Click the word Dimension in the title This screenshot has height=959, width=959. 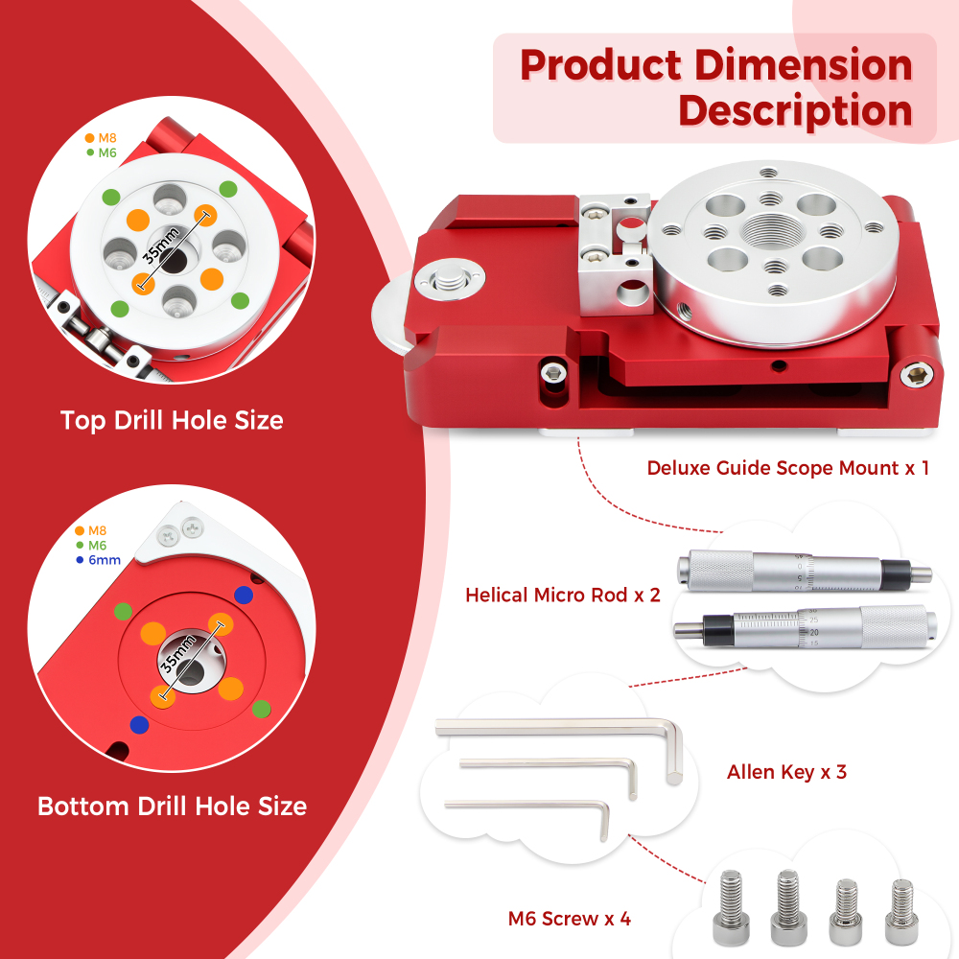pyautogui.click(x=803, y=65)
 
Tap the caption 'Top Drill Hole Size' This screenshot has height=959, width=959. pyautogui.click(x=172, y=421)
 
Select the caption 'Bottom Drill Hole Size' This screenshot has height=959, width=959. pyautogui.click(x=172, y=807)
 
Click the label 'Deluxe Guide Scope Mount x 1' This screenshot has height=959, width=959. pyautogui.click(x=787, y=468)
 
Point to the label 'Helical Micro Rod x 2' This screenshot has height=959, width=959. pyautogui.click(x=563, y=596)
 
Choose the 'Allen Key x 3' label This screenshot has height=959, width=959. pyautogui.click(x=786, y=772)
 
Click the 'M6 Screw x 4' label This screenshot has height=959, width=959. pyautogui.click(x=569, y=919)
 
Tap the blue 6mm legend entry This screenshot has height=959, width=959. pyautogui.click(x=99, y=560)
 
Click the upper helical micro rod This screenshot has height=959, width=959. pyautogui.click(x=805, y=572)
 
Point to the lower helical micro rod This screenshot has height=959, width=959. pyautogui.click(x=805, y=629)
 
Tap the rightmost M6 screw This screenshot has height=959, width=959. pyautogui.click(x=901, y=910)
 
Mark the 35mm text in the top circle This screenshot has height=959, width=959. pyautogui.click(x=161, y=246)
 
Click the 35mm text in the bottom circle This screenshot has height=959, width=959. pyautogui.click(x=178, y=654)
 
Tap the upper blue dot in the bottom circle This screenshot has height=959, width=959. pyautogui.click(x=244, y=595)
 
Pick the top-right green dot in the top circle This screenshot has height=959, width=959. pyautogui.click(x=228, y=189)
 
